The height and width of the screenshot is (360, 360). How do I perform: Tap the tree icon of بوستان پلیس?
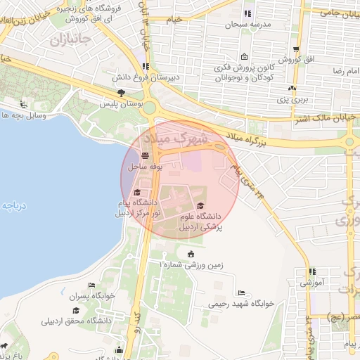click(121, 93)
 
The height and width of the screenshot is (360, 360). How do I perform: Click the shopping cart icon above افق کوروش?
click(297, 49)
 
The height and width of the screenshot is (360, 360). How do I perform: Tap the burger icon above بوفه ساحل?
click(145, 156)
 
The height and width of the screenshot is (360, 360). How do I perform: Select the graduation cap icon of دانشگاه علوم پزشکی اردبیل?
click(201, 205)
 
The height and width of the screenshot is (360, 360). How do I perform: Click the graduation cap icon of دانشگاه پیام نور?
click(137, 193)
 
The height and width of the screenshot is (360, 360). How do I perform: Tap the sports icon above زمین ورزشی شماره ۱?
click(191, 253)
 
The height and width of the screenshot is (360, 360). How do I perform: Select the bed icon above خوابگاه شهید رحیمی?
click(242, 293)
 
